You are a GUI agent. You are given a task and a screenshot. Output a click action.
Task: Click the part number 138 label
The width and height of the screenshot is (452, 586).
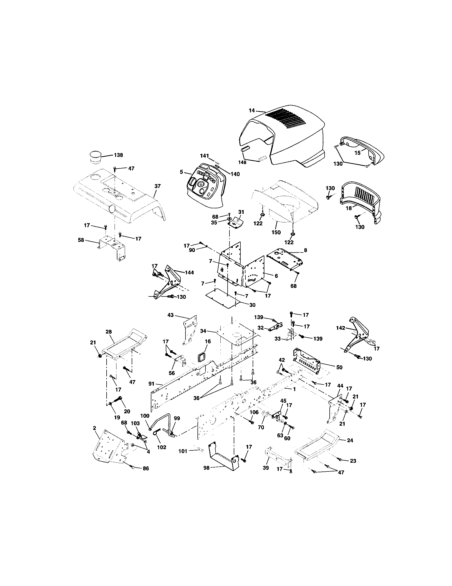tap(118, 155)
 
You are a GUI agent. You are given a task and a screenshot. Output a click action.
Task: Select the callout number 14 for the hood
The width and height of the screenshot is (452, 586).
tap(252, 110)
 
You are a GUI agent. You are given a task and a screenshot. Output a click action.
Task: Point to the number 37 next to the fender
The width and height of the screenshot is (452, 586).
tap(158, 186)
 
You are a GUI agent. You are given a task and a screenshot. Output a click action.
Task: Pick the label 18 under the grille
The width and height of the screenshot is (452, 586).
tap(349, 208)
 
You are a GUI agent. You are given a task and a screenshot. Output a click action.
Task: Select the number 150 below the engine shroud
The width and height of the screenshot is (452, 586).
tap(276, 232)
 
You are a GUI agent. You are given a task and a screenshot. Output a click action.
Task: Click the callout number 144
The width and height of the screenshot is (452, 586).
tap(189, 272)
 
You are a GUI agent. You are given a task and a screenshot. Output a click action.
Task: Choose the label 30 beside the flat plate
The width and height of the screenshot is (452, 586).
tap(252, 305)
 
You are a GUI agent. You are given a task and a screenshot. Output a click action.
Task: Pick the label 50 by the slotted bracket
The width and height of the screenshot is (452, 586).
tap(339, 367)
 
